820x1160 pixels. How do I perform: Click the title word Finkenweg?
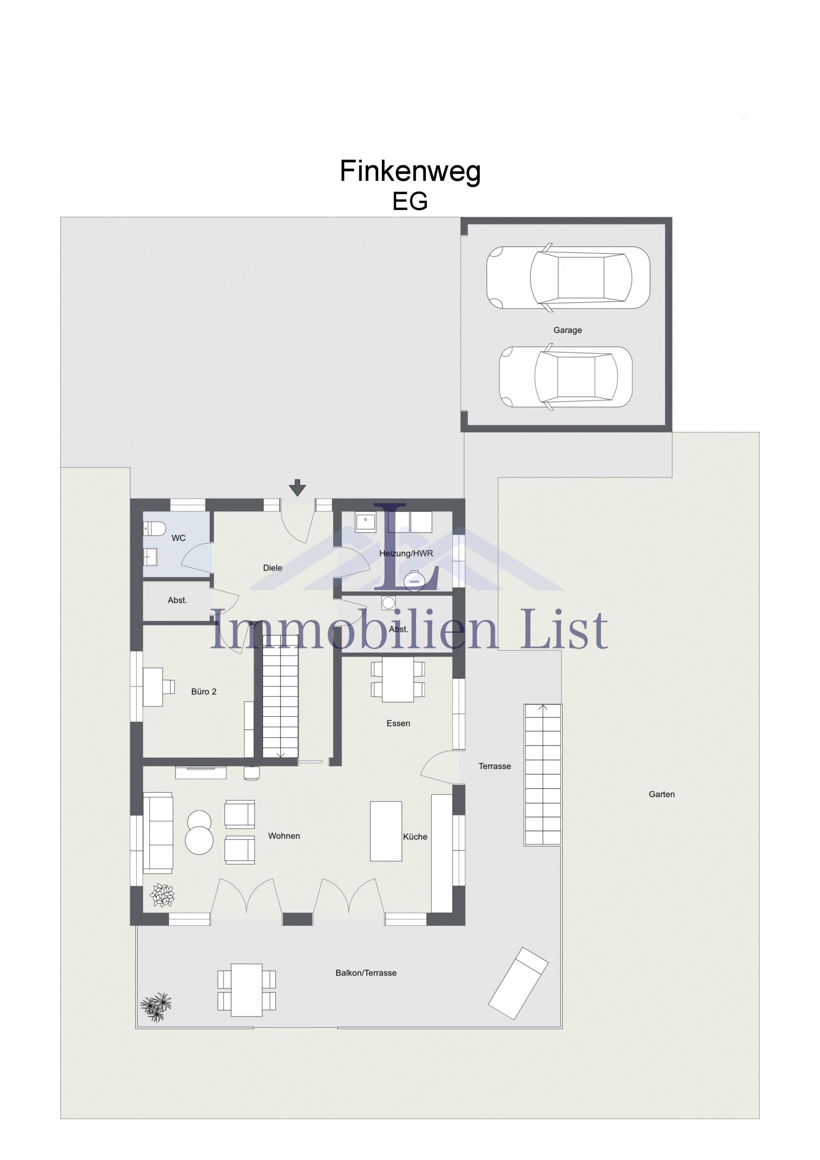click(x=409, y=172)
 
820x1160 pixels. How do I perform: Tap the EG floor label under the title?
click(x=409, y=201)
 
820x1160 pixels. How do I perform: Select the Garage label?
click(x=567, y=330)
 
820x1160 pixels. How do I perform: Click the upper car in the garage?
click(x=568, y=277)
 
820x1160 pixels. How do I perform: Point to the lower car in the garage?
click(x=565, y=377)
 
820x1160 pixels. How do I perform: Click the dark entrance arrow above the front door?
click(x=297, y=487)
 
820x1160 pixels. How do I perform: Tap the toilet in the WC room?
click(x=154, y=528)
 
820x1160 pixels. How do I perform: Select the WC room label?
click(x=178, y=538)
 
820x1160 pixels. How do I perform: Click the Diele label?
click(x=272, y=568)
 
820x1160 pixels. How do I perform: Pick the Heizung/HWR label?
click(x=406, y=553)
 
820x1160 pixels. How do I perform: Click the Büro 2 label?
click(x=203, y=692)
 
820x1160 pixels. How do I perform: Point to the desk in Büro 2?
click(x=153, y=687)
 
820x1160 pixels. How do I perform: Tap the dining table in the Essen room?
click(x=398, y=679)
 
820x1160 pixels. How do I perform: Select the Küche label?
click(x=415, y=837)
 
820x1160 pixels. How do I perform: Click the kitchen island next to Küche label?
click(x=386, y=831)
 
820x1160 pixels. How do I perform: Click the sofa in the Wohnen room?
click(x=157, y=832)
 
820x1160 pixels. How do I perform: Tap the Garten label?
click(x=662, y=794)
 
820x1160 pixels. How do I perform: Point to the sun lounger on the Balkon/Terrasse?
click(x=518, y=983)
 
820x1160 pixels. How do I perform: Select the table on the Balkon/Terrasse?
click(x=247, y=990)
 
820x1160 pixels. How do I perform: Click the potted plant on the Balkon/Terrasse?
click(x=156, y=1006)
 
